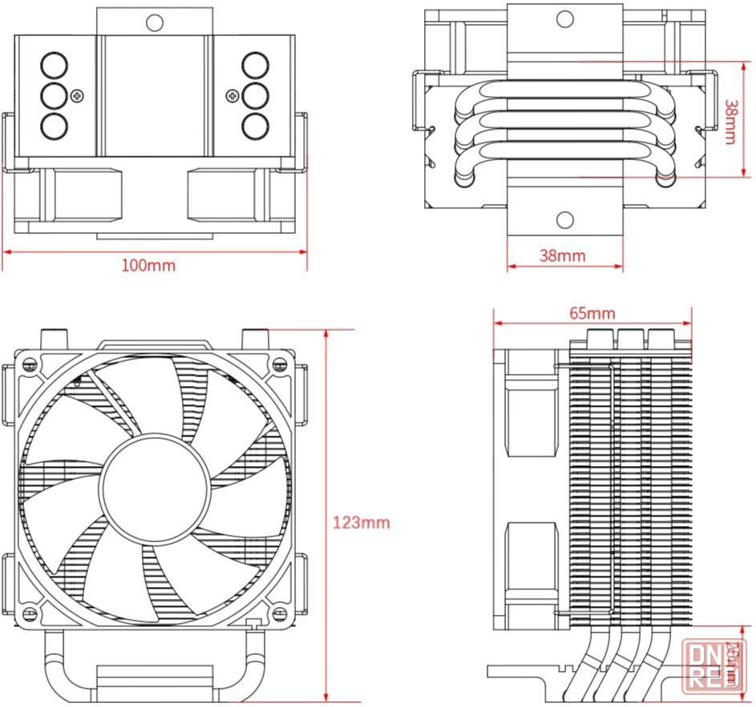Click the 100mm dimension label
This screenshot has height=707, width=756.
(148, 265)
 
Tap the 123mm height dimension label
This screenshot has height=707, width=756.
(361, 523)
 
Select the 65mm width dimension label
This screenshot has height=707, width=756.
(592, 312)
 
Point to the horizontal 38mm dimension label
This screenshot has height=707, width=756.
(562, 255)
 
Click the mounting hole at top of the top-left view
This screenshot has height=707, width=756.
(155, 22)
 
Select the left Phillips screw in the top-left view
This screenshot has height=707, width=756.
(77, 95)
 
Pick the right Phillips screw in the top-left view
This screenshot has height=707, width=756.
(232, 95)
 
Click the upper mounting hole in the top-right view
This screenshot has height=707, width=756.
(564, 17)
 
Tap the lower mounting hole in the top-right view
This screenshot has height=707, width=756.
(564, 219)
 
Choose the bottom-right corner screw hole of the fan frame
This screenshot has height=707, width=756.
(279, 614)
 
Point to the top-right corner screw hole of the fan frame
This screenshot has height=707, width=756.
(279, 364)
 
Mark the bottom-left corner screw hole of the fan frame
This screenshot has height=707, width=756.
(33, 614)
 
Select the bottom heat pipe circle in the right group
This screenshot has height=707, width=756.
(254, 126)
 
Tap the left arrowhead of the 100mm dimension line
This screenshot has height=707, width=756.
(6, 251)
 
